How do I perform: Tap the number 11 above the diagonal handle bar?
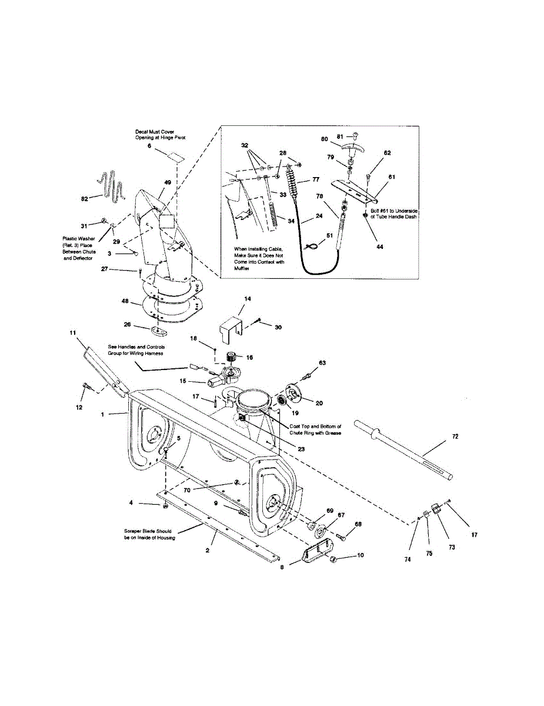[x=74, y=333]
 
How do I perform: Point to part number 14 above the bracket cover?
[x=247, y=299]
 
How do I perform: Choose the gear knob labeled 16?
[x=231, y=357]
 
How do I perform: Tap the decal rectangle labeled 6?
[x=175, y=156]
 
